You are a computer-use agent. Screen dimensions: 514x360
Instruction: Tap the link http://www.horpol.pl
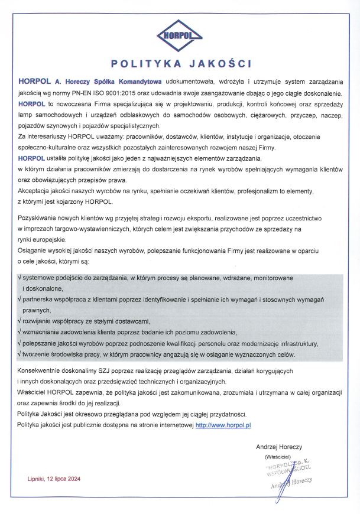pyautogui.click(x=224, y=425)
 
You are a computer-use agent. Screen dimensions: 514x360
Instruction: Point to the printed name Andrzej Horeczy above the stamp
pyautogui.click(x=279, y=447)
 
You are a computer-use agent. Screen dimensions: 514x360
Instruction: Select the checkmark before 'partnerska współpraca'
pyautogui.click(x=20, y=300)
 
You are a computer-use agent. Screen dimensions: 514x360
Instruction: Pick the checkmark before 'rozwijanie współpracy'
pyautogui.click(x=20, y=322)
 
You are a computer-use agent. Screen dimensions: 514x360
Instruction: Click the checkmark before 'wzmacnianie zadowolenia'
pyautogui.click(x=20, y=333)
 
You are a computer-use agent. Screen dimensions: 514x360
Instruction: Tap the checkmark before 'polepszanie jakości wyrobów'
pyautogui.click(x=20, y=344)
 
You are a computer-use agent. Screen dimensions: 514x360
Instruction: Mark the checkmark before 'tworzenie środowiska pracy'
pyautogui.click(x=20, y=354)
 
